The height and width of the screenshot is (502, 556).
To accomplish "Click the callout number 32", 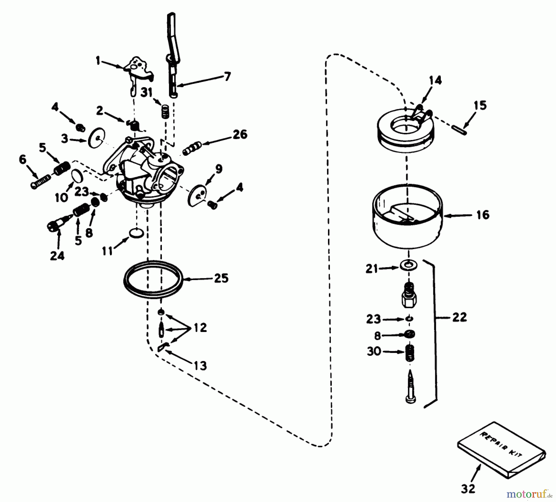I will tap(468, 489).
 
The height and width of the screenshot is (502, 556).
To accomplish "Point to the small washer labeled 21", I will tap(409, 265).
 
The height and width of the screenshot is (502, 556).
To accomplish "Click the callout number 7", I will tap(227, 76).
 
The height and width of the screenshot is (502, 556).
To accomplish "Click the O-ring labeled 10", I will tap(78, 177).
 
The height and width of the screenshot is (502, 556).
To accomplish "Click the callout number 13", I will tap(200, 366).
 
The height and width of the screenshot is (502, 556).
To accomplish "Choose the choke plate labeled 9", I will tap(197, 195).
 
